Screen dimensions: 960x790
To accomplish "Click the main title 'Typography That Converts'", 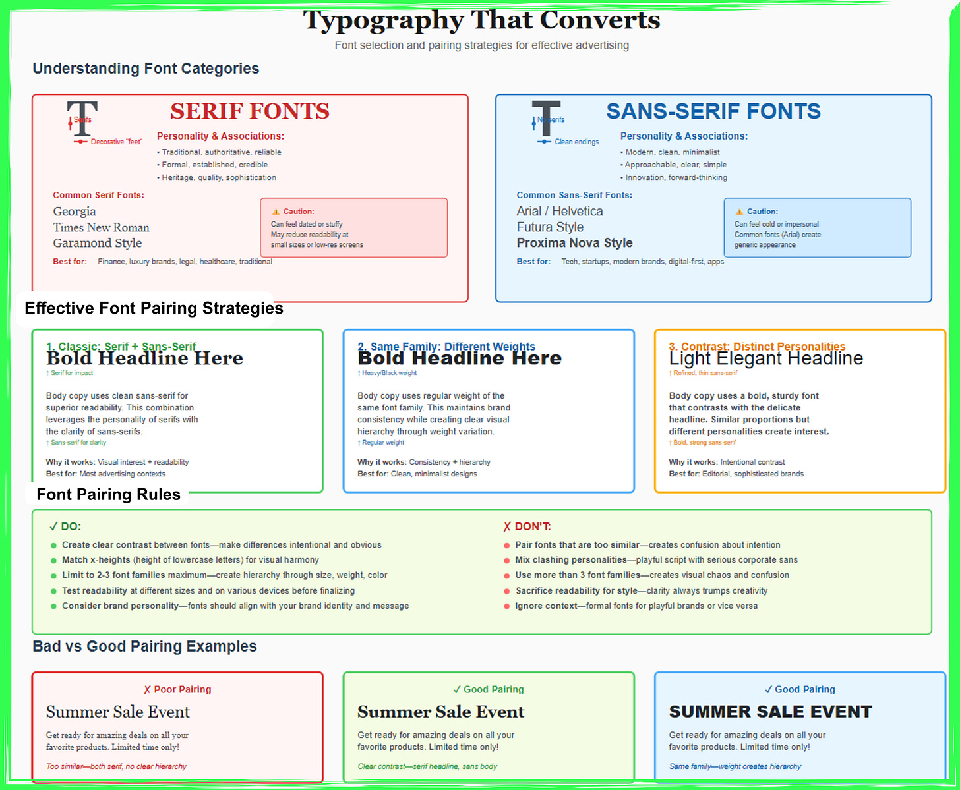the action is pos(481,20).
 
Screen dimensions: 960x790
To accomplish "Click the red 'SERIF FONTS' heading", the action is pos(250,111).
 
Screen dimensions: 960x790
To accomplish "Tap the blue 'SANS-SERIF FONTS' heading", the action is pos(713,111).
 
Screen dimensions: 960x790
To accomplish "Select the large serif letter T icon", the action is pos(82,119).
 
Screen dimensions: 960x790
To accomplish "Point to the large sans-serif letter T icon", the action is pos(546,119).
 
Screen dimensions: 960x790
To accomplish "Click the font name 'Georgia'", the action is pos(75,212).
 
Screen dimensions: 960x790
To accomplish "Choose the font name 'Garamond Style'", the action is pos(98,243).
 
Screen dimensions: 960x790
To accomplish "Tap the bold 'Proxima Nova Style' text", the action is pos(574,243).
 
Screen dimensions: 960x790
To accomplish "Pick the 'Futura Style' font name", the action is pos(550,227).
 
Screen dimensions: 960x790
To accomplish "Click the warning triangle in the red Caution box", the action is pos(276,212).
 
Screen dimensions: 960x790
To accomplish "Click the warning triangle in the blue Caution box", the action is pos(739,212).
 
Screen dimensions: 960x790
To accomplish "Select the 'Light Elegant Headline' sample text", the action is pos(765,358).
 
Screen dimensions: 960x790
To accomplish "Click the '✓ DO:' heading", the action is pos(65,526).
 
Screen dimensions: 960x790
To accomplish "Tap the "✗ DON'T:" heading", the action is pos(527,526).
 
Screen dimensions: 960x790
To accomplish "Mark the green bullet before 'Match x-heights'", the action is pos(53,561).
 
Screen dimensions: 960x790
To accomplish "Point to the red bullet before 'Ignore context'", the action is pos(506,606).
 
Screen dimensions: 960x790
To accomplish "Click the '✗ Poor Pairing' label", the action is pos(177,689).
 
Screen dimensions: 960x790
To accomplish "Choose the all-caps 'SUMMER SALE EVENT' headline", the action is pos(770,712).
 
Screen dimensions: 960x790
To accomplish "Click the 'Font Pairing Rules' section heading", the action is pos(109,495).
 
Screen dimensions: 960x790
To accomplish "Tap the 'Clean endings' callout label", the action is pos(576,142).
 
